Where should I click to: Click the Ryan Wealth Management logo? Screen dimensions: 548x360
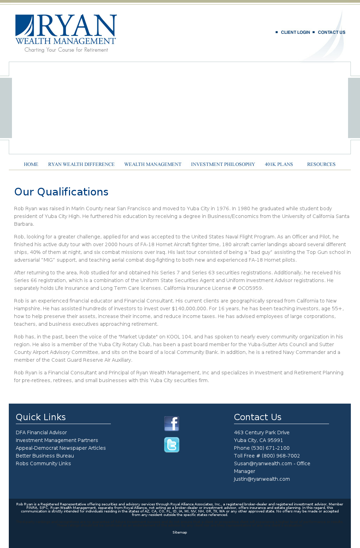click(x=66, y=33)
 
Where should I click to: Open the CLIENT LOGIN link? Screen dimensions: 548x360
click(x=295, y=32)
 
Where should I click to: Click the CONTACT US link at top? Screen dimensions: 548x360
click(x=331, y=32)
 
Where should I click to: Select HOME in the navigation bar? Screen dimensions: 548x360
click(x=31, y=164)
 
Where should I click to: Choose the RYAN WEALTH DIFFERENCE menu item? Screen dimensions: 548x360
click(x=81, y=164)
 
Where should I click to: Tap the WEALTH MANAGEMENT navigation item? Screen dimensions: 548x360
click(x=153, y=164)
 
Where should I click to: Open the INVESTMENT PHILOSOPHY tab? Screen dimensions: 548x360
click(x=223, y=164)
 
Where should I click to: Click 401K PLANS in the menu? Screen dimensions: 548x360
click(x=279, y=164)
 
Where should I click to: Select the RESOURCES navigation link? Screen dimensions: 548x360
click(x=321, y=164)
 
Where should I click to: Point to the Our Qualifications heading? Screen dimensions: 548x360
click(x=61, y=192)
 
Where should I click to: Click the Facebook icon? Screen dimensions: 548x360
click(x=172, y=424)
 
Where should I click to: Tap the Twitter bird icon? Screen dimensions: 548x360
click(x=172, y=445)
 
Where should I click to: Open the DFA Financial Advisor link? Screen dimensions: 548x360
click(x=41, y=432)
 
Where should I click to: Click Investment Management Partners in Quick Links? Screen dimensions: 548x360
click(x=57, y=440)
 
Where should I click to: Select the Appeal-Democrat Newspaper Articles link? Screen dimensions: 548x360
click(x=61, y=448)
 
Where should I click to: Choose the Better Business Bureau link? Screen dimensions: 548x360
click(x=45, y=456)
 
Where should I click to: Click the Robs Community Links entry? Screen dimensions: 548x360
click(x=43, y=463)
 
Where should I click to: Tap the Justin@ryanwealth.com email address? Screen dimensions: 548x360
click(x=262, y=479)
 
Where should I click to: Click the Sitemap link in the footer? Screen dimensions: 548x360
click(x=179, y=533)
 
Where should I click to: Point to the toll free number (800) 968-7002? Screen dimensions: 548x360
click(x=280, y=456)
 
